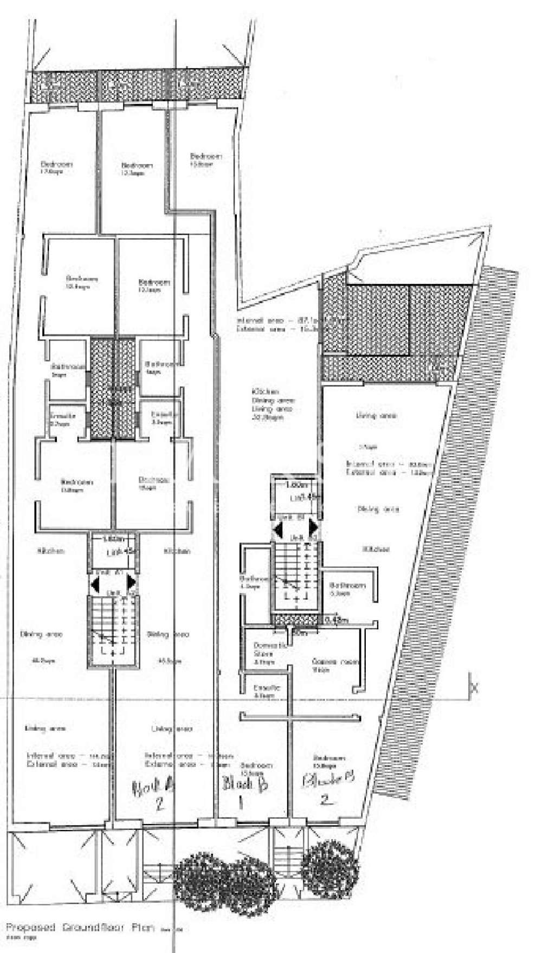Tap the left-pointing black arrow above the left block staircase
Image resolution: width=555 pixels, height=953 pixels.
[x=95, y=583]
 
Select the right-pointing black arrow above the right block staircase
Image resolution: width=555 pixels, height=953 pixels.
[x=313, y=527]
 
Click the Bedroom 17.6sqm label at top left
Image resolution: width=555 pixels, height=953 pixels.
[x=57, y=167]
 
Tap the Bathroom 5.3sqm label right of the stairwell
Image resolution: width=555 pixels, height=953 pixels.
[x=347, y=589]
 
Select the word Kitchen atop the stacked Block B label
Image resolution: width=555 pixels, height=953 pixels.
[x=265, y=391]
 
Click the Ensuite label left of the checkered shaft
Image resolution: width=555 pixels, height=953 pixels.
[x=62, y=418]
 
